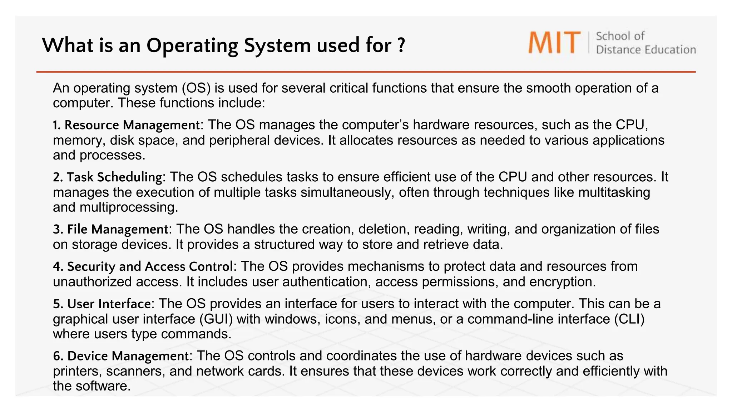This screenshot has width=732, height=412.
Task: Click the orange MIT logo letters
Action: [x=554, y=43]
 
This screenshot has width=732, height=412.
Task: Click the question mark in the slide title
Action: [x=401, y=45]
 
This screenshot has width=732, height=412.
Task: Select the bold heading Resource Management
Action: [x=132, y=125]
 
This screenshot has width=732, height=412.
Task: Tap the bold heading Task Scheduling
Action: [x=114, y=177]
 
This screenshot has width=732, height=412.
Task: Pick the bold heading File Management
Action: [x=118, y=229]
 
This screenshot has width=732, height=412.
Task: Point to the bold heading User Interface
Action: [x=109, y=304]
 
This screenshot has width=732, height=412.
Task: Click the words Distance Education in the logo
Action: [x=646, y=50]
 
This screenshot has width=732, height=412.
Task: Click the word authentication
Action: [x=325, y=282]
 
